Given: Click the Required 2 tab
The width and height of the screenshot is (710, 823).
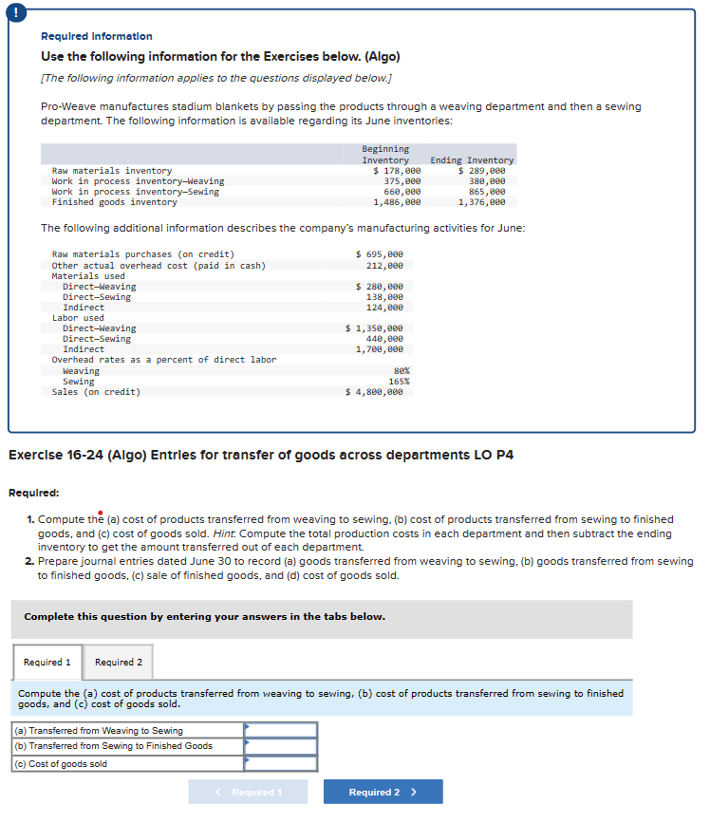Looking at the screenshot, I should click(x=119, y=662).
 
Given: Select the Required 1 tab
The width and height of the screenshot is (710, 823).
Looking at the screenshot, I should click(x=47, y=662).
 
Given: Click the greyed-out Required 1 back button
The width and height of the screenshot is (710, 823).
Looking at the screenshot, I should click(x=248, y=792).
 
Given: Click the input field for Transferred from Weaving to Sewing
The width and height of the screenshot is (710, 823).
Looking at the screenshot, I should click(x=281, y=730).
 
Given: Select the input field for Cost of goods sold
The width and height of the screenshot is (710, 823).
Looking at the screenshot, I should click(x=281, y=763).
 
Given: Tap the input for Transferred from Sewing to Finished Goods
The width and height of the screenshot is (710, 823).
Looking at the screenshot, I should click(x=281, y=746).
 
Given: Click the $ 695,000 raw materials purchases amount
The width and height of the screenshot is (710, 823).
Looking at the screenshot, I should click(x=379, y=254).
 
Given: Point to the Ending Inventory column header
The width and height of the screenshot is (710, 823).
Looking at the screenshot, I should click(x=472, y=160).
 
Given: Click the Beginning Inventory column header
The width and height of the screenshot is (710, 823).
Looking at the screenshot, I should click(x=385, y=155).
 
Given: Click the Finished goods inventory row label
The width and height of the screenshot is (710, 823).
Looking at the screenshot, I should click(x=114, y=202).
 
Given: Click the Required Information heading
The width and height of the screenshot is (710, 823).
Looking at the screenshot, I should click(x=97, y=36).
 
